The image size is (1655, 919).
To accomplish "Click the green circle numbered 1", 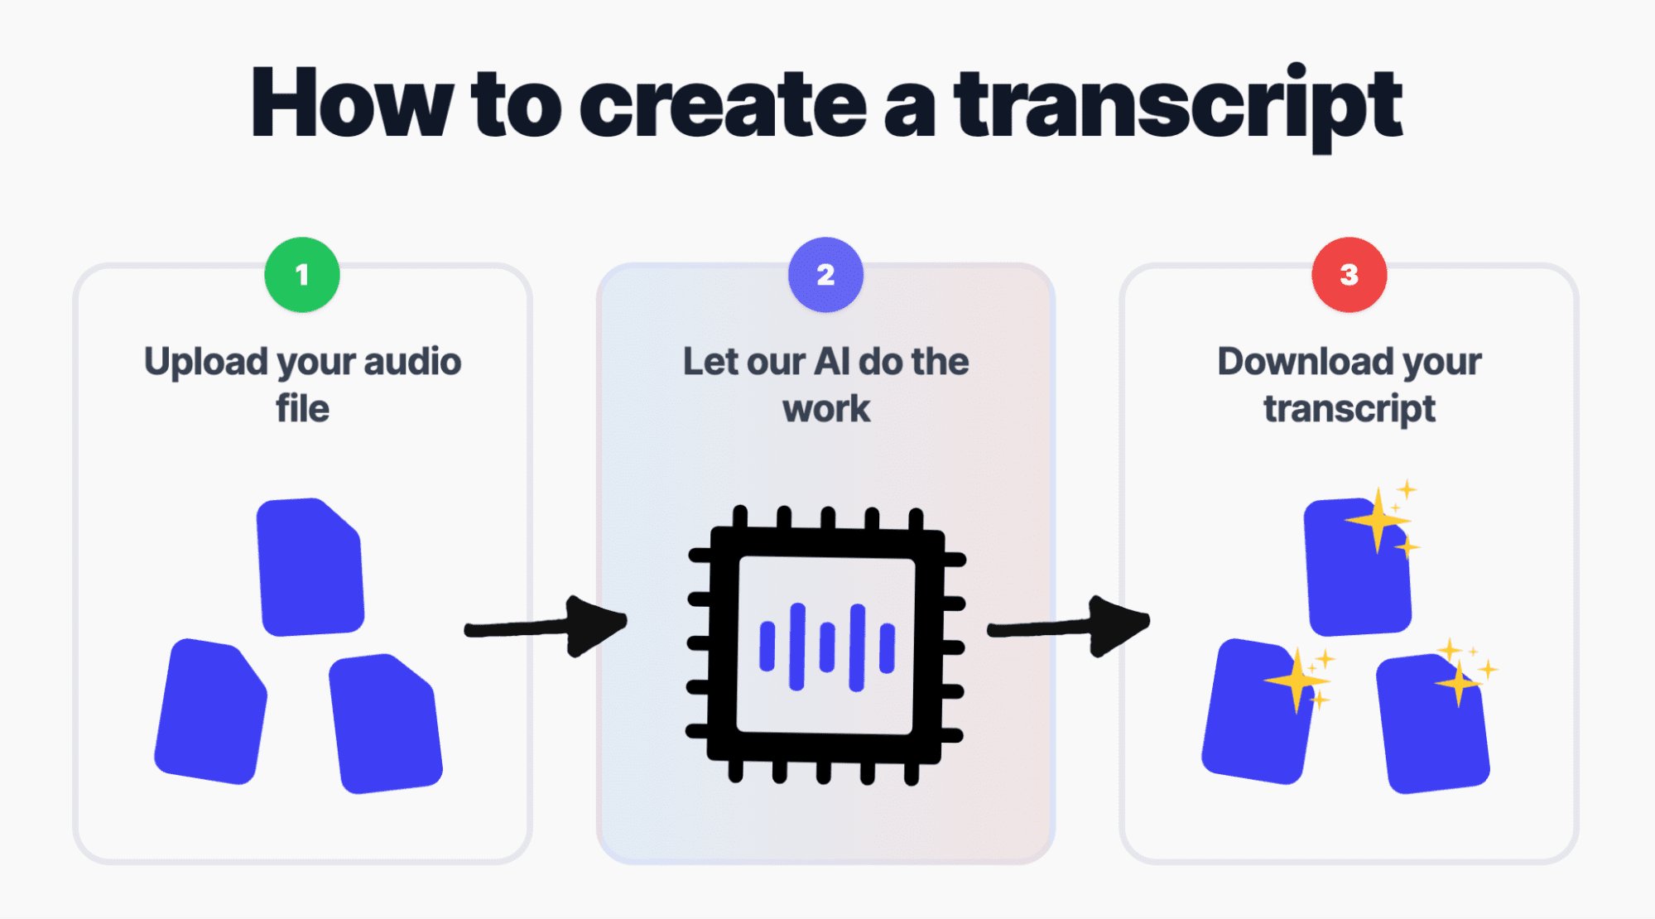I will click(x=302, y=275).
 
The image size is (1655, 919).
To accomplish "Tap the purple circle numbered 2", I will click(x=825, y=275).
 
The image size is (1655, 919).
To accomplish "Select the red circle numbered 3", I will click(x=1349, y=275).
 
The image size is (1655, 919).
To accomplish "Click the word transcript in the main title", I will click(x=1177, y=106).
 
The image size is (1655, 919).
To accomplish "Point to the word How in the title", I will click(x=351, y=104).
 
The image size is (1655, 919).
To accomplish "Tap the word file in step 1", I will click(x=302, y=409).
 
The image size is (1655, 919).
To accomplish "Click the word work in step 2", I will click(x=826, y=409).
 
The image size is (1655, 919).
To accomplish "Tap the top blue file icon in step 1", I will click(x=310, y=568).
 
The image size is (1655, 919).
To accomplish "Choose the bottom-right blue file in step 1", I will click(x=386, y=724).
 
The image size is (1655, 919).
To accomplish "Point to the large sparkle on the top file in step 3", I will click(x=1377, y=521).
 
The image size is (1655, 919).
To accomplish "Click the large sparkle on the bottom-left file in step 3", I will click(x=1297, y=681).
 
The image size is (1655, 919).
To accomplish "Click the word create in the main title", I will click(x=723, y=106).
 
